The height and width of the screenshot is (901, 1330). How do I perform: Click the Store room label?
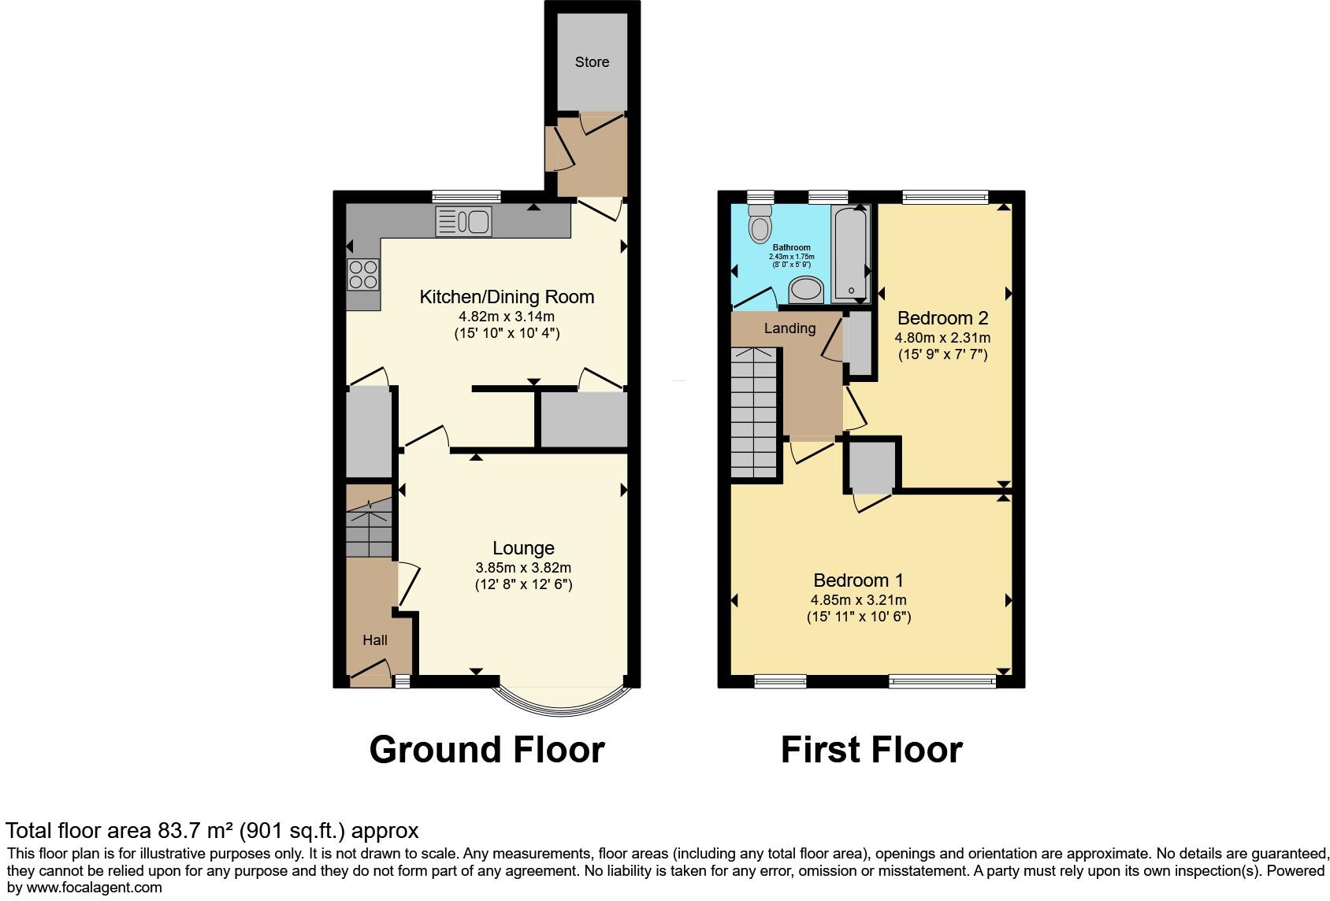coord(592,61)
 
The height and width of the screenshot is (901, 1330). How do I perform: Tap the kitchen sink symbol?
coord(463,221)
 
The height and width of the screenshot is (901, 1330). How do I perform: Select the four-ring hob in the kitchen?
coord(363,275)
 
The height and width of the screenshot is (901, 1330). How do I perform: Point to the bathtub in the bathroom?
coord(852,252)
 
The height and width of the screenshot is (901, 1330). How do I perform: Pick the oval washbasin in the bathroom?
coord(806,291)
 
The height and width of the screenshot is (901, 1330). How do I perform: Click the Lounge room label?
coord(523,548)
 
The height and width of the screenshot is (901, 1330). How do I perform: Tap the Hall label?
coord(375,640)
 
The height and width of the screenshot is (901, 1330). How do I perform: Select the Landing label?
coord(789,328)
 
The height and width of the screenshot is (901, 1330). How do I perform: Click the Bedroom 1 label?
coord(858,580)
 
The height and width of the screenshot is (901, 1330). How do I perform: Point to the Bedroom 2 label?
coord(942,318)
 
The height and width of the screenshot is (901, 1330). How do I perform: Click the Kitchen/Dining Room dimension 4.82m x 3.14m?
coord(507,317)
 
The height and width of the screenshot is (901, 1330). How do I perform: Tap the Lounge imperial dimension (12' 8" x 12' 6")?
coord(523,584)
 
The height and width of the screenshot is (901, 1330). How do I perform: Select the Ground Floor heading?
coord(487,749)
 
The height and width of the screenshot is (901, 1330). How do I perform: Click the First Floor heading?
coord(871,749)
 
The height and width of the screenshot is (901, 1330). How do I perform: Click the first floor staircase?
coord(754,413)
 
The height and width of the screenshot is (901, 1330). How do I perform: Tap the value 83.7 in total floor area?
coord(178,830)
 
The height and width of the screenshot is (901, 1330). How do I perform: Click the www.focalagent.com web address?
coord(94,888)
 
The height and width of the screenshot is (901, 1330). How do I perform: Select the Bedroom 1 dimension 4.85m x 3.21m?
coord(858,600)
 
